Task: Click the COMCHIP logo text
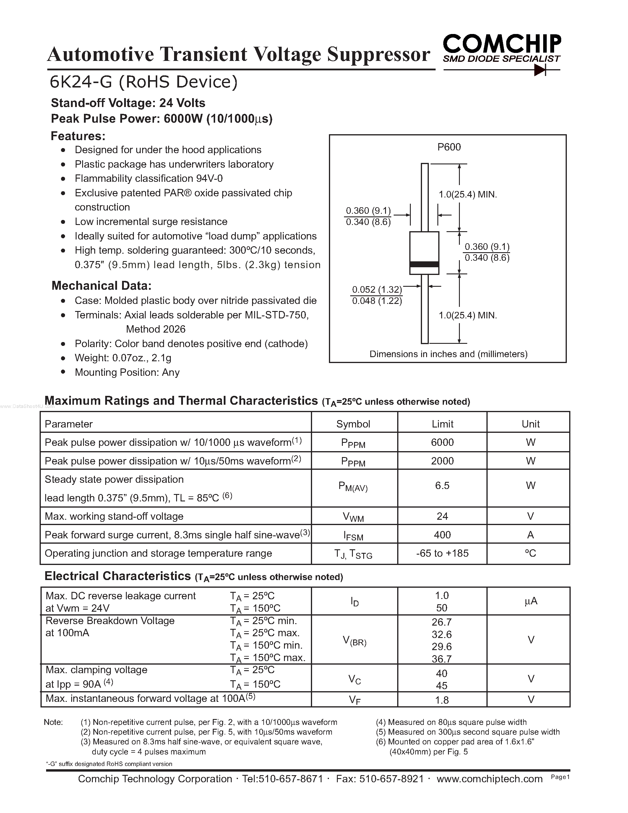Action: click(502, 44)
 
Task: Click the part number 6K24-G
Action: click(81, 82)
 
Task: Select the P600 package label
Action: click(449, 147)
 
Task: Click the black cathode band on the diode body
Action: click(424, 264)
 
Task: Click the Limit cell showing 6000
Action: click(442, 442)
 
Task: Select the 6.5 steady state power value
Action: click(442, 485)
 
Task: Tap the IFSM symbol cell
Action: click(353, 536)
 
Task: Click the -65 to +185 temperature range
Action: click(442, 553)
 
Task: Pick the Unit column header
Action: click(530, 424)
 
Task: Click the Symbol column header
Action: click(353, 424)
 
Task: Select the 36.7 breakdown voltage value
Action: click(442, 659)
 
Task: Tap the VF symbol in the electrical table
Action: click(355, 700)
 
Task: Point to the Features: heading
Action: click(78, 136)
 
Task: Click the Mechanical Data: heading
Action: click(101, 286)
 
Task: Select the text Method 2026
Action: click(155, 329)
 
